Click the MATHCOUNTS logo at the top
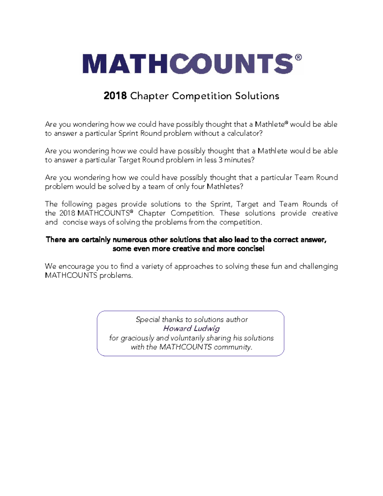188,64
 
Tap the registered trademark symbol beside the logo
298,57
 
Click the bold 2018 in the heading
115,96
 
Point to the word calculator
244,134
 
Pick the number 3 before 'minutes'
221,160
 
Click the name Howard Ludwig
191,328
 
